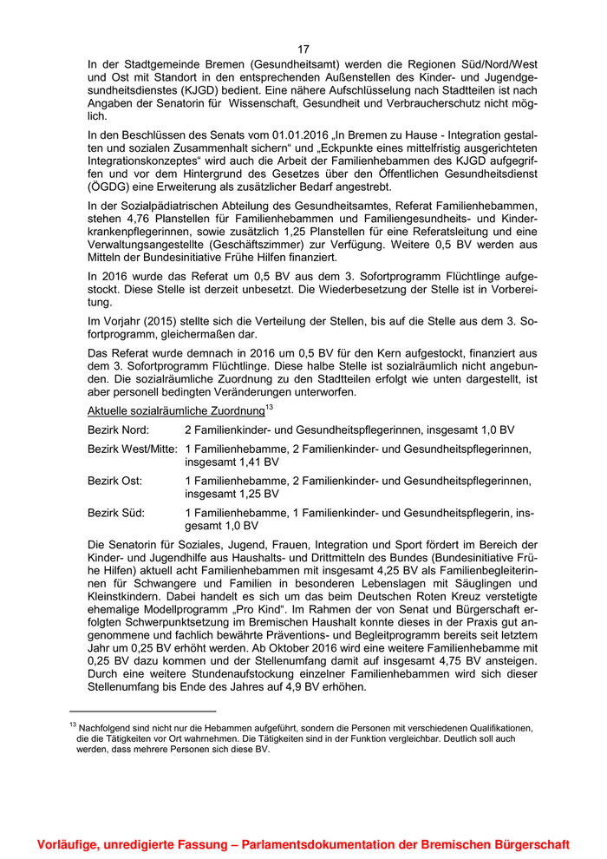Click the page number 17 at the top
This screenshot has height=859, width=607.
click(x=303, y=49)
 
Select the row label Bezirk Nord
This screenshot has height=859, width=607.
click(x=118, y=430)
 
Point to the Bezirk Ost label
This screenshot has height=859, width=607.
click(x=114, y=481)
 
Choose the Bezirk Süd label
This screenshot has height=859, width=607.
click(x=116, y=513)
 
